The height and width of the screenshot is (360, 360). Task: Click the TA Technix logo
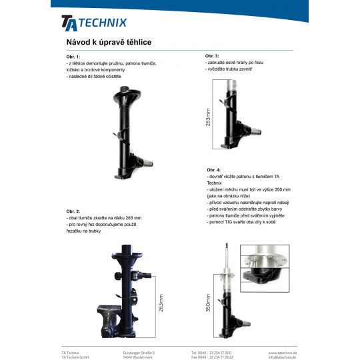pos(94,23)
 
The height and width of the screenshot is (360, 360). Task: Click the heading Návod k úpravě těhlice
pos(109,42)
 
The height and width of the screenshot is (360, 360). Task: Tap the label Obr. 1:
pos(73,57)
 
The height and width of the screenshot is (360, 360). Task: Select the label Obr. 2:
pos(73,211)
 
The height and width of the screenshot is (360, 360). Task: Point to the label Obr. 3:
pos(212,56)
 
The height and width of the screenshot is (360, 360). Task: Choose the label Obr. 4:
pos(213,170)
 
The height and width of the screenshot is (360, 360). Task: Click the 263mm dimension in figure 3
pos(208,117)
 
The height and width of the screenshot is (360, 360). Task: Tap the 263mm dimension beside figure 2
pos(161,303)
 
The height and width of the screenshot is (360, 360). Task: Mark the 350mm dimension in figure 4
pos(208,303)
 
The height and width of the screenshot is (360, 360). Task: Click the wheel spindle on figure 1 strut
pos(148,163)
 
